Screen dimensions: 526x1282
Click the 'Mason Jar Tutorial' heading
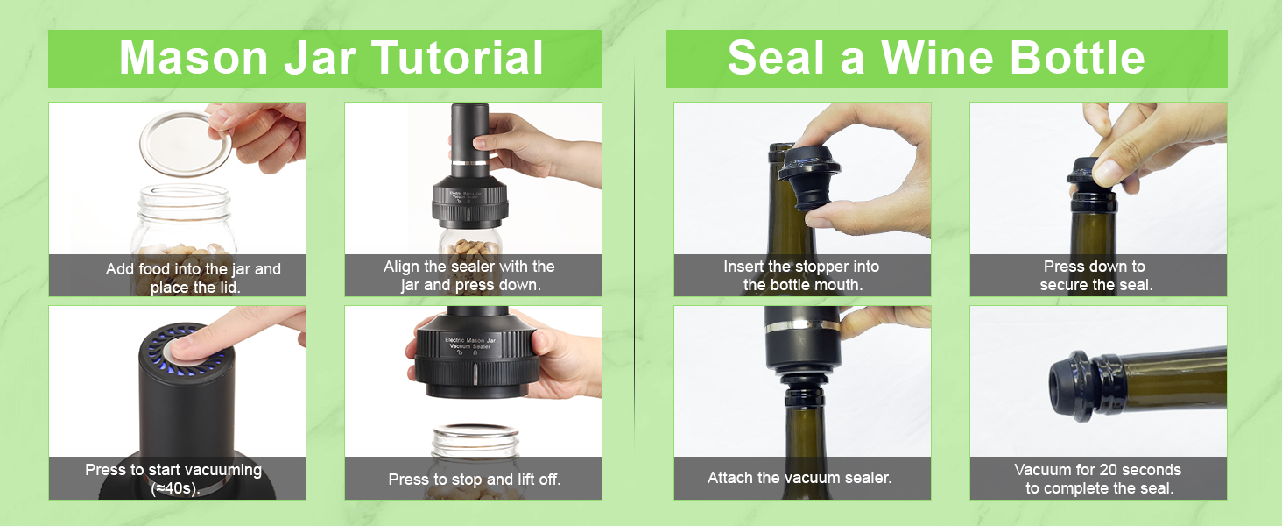click(331, 58)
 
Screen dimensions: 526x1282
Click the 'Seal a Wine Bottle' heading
click(935, 58)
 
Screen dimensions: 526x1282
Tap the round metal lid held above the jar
click(185, 143)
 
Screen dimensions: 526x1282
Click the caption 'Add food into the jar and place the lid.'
click(193, 278)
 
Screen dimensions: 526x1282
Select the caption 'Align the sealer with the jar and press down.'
click(469, 275)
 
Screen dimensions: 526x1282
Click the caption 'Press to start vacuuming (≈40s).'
click(173, 479)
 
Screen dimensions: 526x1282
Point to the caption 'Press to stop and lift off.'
click(475, 480)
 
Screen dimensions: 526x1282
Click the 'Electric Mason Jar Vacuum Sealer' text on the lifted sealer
click(469, 343)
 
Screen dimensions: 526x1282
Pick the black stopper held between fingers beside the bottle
click(809, 178)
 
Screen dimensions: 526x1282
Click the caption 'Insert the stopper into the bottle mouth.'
click(801, 275)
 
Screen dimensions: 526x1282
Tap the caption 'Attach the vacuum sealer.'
click(799, 478)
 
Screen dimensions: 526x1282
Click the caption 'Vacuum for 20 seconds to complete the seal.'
click(1098, 479)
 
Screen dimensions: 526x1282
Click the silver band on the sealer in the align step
click(470, 163)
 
